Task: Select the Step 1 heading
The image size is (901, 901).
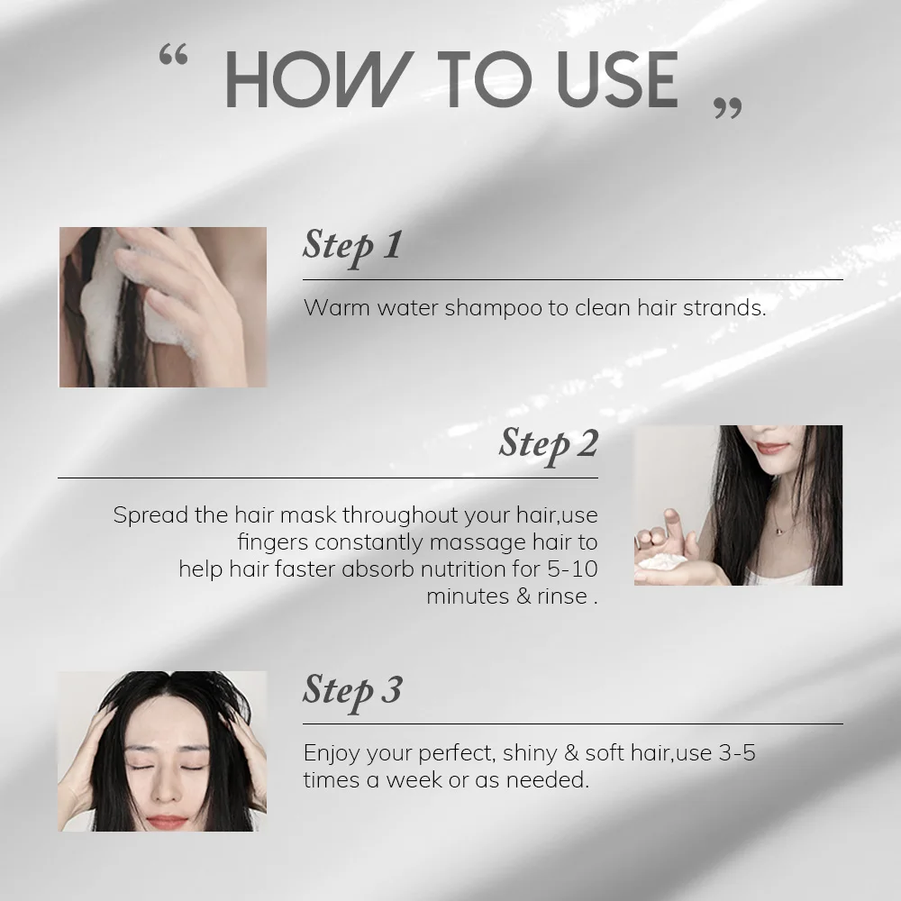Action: [351, 245]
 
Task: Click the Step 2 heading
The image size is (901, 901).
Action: [549, 443]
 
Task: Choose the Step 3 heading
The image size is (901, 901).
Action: [352, 689]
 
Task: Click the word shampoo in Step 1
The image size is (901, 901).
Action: [493, 308]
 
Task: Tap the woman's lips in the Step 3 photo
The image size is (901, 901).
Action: [166, 822]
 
